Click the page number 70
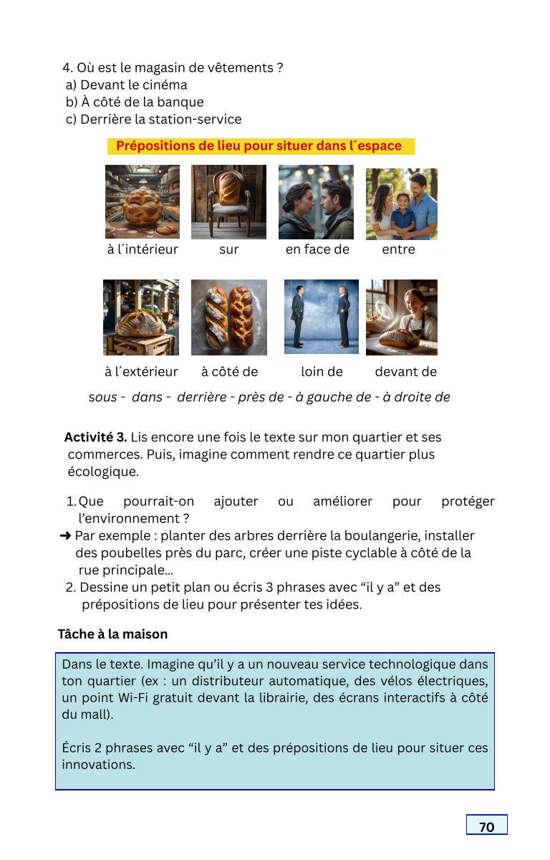pyautogui.click(x=486, y=826)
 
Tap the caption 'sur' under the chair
pyautogui.click(x=229, y=249)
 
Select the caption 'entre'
pyautogui.click(x=398, y=249)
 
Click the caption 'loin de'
pyautogui.click(x=322, y=371)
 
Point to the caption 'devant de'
pyautogui.click(x=405, y=371)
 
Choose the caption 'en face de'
pyautogui.click(x=317, y=249)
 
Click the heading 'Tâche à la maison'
pyautogui.click(x=112, y=634)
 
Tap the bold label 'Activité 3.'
pyautogui.click(x=95, y=437)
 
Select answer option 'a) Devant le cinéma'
pyautogui.click(x=126, y=85)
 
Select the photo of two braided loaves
pyautogui.click(x=229, y=317)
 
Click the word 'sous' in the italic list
pyautogui.click(x=102, y=397)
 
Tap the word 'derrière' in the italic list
pyautogui.click(x=201, y=397)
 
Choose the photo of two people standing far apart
pyautogui.click(x=321, y=316)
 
